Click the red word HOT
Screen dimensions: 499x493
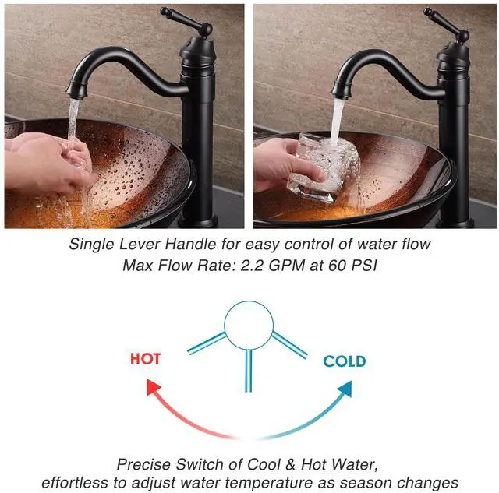[x=145, y=359]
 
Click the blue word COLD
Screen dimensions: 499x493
[x=345, y=361]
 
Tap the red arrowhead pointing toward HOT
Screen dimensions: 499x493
[x=153, y=386]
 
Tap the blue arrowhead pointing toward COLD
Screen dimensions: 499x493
[x=345, y=389]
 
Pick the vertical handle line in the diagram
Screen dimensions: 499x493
[x=249, y=370]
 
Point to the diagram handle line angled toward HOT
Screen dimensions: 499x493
[x=206, y=343]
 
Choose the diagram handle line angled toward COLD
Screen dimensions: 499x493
[x=289, y=345]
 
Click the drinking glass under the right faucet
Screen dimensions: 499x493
[x=324, y=168]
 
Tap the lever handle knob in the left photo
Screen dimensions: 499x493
[x=166, y=12]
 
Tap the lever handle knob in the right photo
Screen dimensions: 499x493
[x=429, y=12]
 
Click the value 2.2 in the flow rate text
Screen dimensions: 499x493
[x=252, y=266]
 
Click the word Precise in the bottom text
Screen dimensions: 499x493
[x=143, y=464]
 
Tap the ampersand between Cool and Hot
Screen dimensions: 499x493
[x=290, y=464]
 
